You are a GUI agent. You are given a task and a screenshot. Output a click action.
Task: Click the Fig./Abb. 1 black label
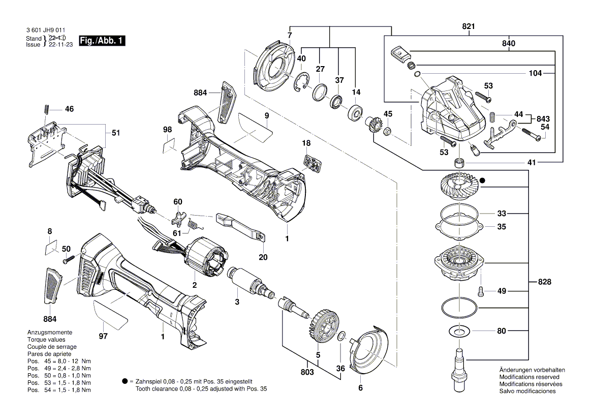102,41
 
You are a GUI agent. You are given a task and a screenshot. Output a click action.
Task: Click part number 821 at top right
469,26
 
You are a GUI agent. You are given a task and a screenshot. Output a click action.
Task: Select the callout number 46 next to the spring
69,109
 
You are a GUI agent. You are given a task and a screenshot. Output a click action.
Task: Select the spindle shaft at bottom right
459,369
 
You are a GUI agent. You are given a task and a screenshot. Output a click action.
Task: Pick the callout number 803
307,372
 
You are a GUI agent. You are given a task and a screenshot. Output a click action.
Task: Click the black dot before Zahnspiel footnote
124,381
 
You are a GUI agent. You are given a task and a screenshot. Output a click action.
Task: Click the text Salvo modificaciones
527,391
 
